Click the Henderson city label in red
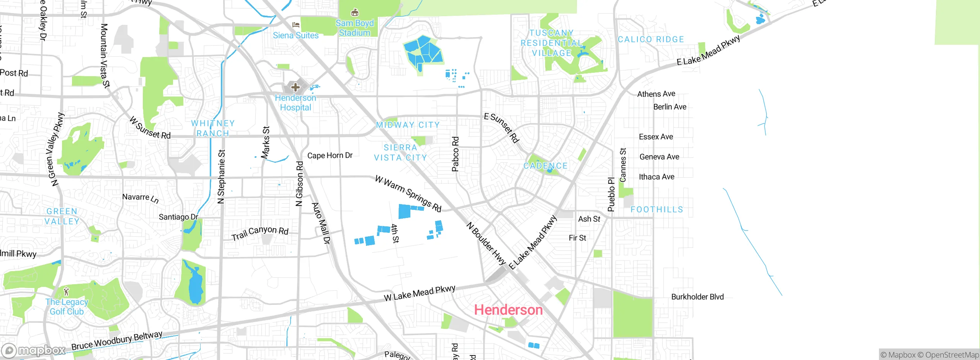point(508,310)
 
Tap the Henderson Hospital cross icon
point(295,87)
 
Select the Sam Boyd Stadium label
point(354,28)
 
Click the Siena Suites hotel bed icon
point(296,25)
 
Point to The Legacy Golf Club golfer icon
point(67,292)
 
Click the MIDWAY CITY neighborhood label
point(408,125)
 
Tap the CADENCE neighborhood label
point(546,166)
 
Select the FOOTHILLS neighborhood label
point(657,209)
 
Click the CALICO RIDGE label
point(651,39)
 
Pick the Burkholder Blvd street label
point(697,297)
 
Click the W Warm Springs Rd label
point(408,193)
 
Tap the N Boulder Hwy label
point(486,244)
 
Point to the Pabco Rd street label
point(455,154)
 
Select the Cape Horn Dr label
point(330,155)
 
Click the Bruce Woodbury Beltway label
point(117,341)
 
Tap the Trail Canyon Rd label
point(260,232)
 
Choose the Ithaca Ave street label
point(657,177)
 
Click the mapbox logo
point(33,350)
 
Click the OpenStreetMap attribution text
point(952,355)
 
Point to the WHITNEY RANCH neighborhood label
point(213,128)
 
